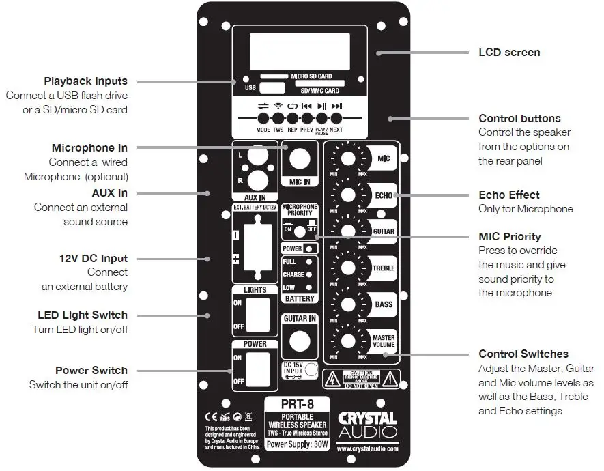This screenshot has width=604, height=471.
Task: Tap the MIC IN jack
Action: (x=299, y=160)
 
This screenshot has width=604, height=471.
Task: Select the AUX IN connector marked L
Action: (x=256, y=156)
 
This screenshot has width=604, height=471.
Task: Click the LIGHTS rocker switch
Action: (x=255, y=316)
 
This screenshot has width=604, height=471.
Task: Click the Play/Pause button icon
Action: (x=321, y=107)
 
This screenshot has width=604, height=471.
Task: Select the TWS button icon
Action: (x=278, y=107)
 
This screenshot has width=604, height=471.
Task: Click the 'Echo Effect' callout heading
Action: (x=509, y=195)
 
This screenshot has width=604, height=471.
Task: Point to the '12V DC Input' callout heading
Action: (x=94, y=259)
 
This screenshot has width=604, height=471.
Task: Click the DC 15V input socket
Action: (x=311, y=369)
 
